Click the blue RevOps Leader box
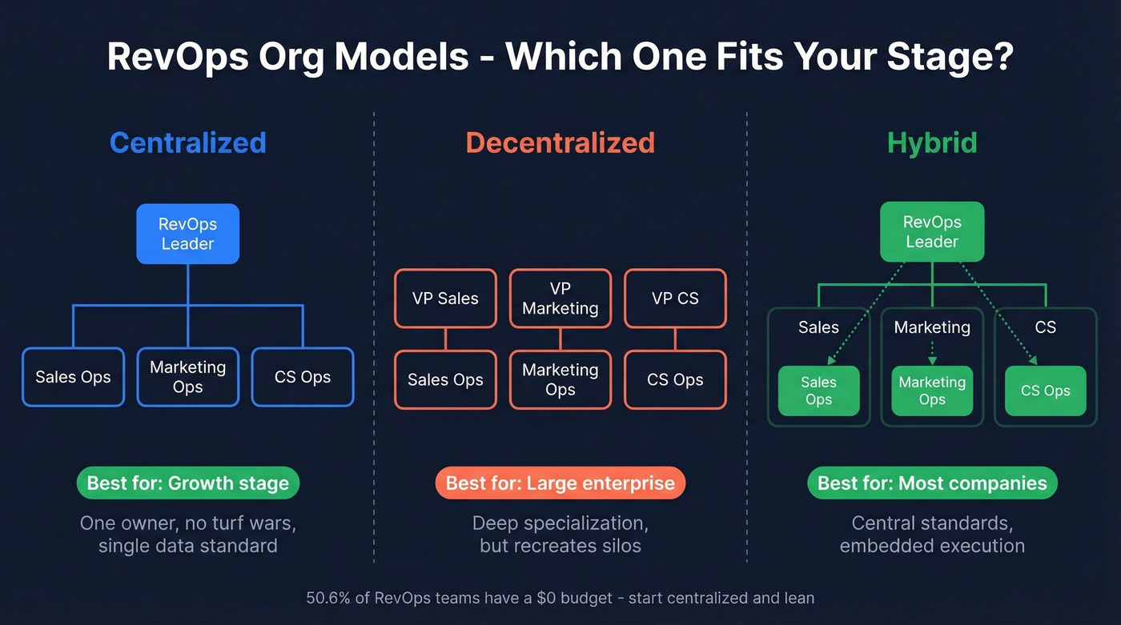(187, 234)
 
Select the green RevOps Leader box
(932, 232)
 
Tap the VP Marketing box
(560, 298)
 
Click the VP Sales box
(445, 298)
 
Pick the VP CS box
(675, 298)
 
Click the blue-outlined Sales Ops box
(73, 377)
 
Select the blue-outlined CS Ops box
(303, 377)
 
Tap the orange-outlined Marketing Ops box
(560, 379)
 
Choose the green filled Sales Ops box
(818, 391)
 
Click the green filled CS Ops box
(1045, 391)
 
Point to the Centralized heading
(187, 142)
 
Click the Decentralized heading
(560, 142)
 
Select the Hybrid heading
(932, 142)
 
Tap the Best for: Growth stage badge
(187, 483)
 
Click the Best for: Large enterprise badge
(560, 483)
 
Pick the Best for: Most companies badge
(932, 483)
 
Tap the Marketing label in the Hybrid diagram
(932, 327)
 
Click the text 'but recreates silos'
(560, 546)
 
